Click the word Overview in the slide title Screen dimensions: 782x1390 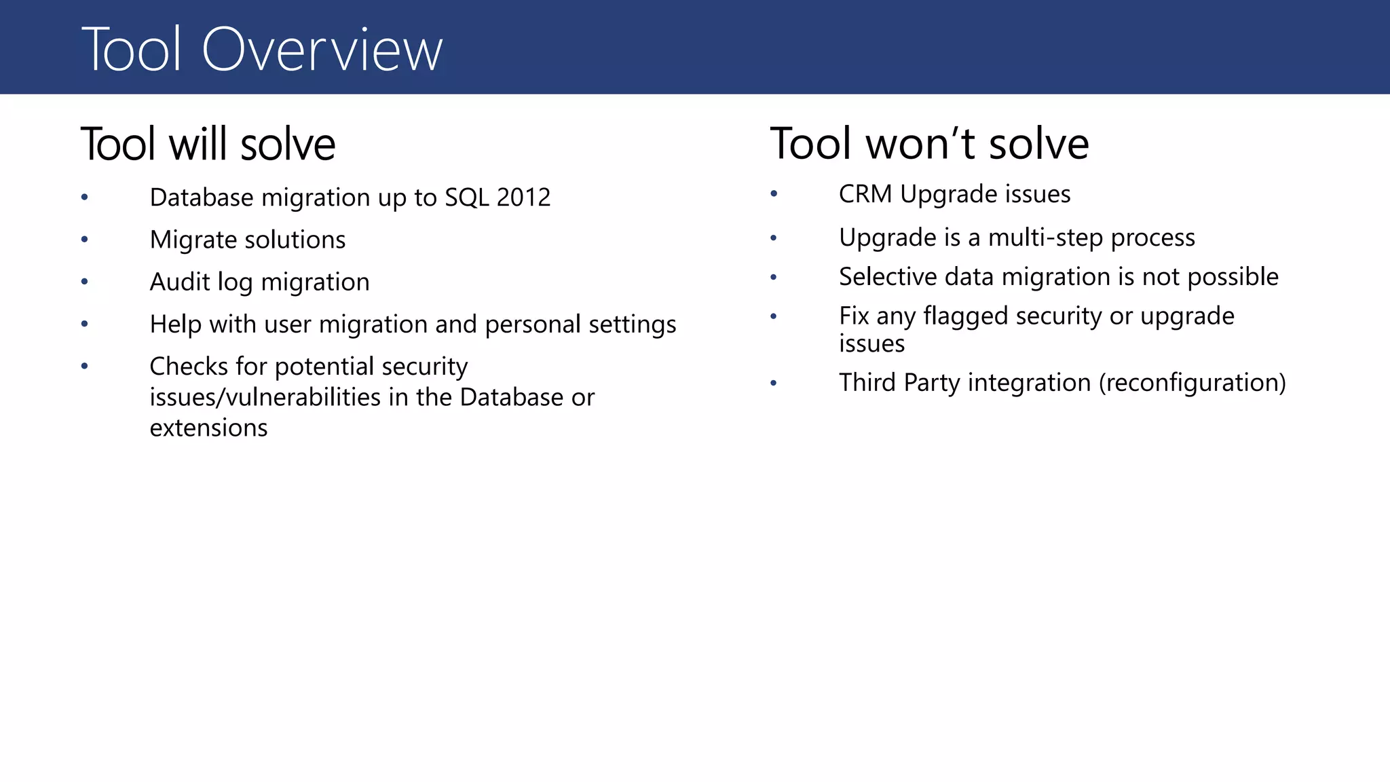click(x=322, y=50)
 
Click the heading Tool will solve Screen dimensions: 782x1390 click(x=208, y=144)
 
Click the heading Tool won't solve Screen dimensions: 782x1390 click(x=929, y=144)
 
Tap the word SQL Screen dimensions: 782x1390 click(x=466, y=198)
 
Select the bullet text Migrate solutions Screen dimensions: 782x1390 click(x=247, y=240)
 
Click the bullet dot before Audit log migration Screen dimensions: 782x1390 click(x=85, y=282)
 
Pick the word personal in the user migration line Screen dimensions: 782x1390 click(x=533, y=324)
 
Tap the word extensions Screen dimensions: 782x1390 click(x=208, y=428)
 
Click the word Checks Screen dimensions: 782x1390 click(x=189, y=367)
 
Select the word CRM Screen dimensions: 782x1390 click(x=865, y=194)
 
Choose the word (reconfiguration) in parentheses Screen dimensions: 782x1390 click(x=1192, y=383)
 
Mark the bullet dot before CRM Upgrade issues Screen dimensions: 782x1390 click(x=774, y=195)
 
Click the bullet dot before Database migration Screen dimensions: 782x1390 click(x=85, y=198)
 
